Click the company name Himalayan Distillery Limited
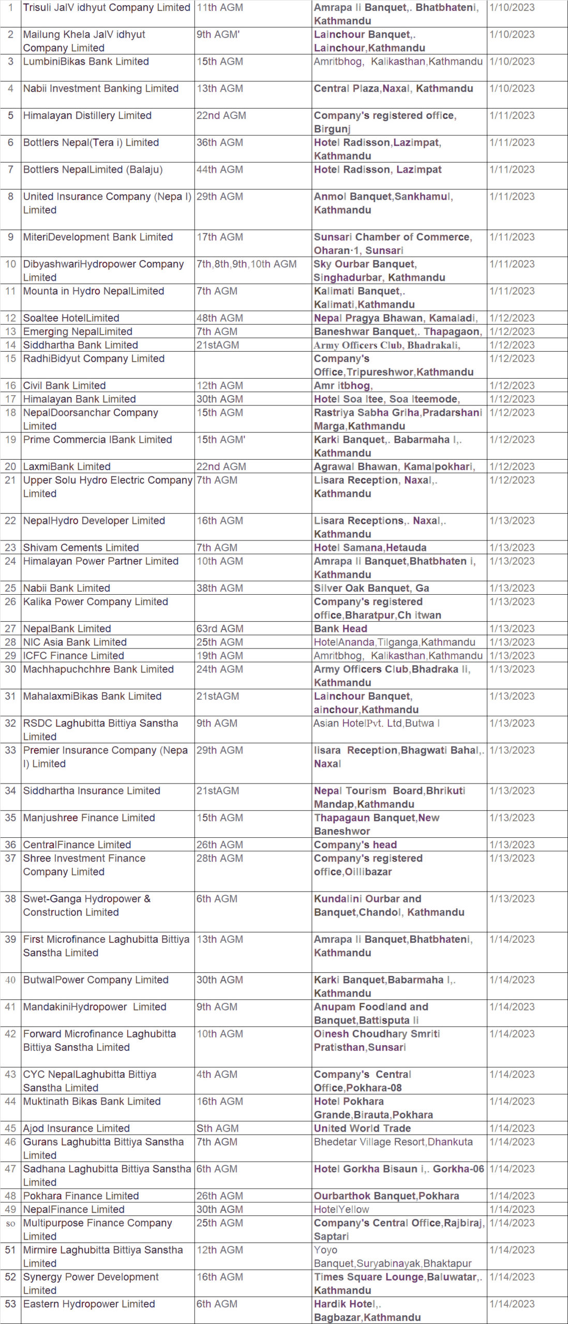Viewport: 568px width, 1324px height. coord(87,115)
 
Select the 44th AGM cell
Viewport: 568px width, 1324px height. coord(219,170)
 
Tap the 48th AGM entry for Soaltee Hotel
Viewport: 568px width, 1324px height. coord(219,318)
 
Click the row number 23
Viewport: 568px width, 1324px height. coord(10,548)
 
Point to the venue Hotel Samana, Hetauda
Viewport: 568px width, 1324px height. coord(370,548)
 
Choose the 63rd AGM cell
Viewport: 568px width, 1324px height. coord(219,629)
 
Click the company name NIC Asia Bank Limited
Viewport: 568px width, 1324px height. coord(74,642)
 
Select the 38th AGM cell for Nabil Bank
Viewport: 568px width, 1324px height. coord(219,588)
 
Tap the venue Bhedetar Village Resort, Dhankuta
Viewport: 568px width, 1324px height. coord(393,1142)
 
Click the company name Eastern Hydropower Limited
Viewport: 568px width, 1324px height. coord(88,1304)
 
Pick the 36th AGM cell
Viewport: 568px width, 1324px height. coord(219,143)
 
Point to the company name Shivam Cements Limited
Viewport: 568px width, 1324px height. coord(81,548)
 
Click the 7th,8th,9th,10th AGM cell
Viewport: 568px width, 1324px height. coord(246,264)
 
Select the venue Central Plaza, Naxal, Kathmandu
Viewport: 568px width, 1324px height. coord(393,88)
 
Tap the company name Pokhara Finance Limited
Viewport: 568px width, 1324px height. coord(81,1196)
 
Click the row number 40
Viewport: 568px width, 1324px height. coord(10,980)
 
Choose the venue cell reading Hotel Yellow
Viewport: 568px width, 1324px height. coord(341,1209)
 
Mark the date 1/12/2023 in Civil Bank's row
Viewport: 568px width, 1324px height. coord(512,386)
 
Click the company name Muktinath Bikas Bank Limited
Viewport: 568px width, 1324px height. coord(92,1102)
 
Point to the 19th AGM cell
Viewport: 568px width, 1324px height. coord(219,656)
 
